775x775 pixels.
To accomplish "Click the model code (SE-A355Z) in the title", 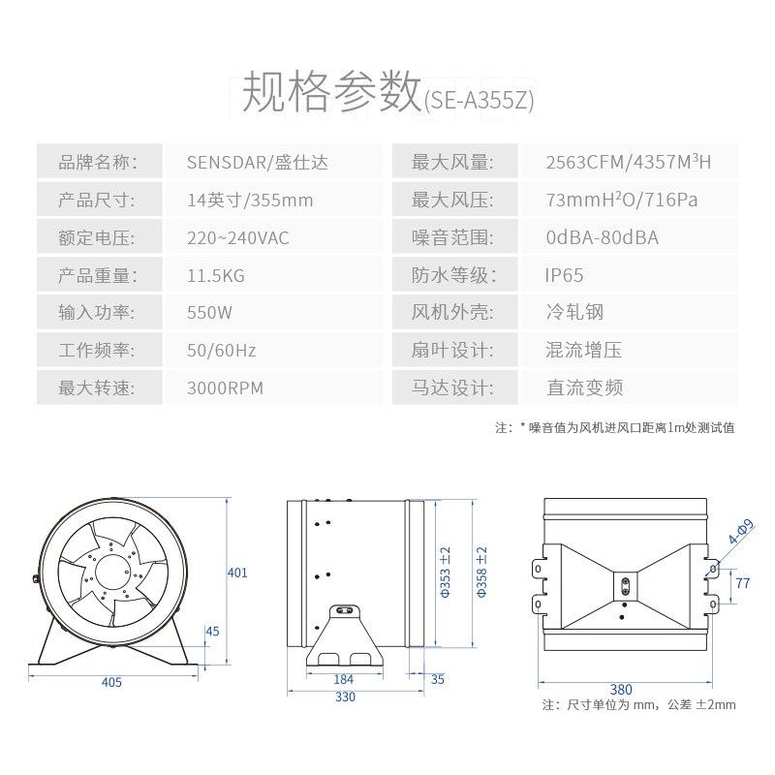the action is coord(480,101).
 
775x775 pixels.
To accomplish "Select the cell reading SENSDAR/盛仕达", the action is coord(258,162).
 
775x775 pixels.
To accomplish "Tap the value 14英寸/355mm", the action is coord(250,201).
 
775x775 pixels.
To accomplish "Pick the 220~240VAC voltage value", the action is coord(237,237).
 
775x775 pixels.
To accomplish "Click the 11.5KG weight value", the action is coord(216,275).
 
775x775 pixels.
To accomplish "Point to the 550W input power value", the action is coord(209,313).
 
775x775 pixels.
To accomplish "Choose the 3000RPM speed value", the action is coord(225,388).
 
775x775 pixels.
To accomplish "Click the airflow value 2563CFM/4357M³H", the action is coord(628,162).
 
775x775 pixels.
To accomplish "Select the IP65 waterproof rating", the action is coord(564,275).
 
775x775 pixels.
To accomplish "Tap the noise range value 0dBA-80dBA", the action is coord(602,237).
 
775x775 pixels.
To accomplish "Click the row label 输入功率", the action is coord(96,312).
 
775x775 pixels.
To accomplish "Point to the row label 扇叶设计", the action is coord(452,350).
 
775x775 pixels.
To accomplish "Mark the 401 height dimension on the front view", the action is coord(237,573).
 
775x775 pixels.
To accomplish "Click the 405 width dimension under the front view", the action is coord(111,682).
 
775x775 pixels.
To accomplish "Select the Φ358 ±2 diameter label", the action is coord(481,572).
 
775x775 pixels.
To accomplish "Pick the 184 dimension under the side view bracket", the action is coord(344,679).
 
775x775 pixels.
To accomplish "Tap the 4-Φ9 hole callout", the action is coord(741,531).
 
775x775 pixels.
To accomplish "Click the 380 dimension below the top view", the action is coord(621,689).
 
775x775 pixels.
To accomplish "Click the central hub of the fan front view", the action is coord(112,573).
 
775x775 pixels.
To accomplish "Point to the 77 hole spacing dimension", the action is coord(742,583).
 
